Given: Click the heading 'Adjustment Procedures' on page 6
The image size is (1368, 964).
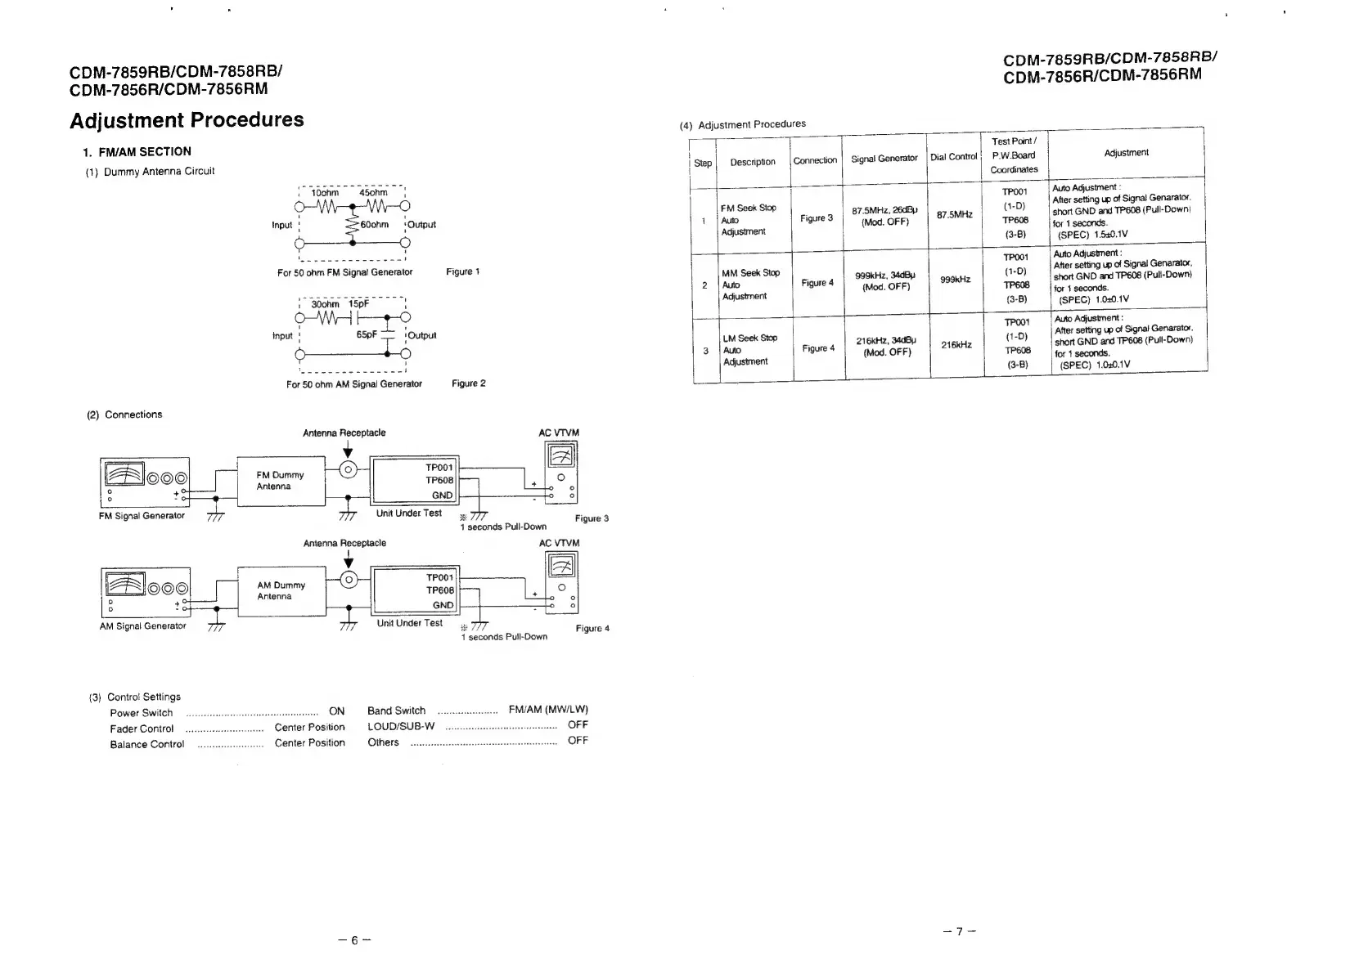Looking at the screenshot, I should point(187,120).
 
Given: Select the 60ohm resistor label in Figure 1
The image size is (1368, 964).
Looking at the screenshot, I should point(374,224).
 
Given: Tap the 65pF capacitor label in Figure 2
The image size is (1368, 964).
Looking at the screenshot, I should point(367,334).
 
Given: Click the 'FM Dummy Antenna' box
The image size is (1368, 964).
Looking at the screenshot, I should point(280,481).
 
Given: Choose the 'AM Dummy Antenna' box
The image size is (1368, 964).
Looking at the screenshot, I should point(281,590).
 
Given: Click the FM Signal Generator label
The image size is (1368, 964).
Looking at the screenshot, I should point(142,516).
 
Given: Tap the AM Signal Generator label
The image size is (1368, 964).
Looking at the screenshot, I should point(142,626).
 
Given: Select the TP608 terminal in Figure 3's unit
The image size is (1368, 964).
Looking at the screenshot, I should point(439,481).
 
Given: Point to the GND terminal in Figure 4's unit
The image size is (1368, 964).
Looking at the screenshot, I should point(443,605).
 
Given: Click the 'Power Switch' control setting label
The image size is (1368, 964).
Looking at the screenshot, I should point(142,712).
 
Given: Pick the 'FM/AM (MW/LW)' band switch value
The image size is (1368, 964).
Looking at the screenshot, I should point(548,710).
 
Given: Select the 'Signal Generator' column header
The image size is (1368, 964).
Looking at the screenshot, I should point(884,159).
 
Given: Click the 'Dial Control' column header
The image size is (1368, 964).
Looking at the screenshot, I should point(953,157).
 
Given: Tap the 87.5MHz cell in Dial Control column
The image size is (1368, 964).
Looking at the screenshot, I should point(954,214).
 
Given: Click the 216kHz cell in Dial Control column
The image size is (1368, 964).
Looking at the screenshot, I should point(956,345).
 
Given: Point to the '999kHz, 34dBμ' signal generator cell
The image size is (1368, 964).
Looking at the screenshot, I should point(885,281).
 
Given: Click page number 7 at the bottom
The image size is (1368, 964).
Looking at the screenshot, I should point(960,930).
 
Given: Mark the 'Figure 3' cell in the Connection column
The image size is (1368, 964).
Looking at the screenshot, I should point(817,218).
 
